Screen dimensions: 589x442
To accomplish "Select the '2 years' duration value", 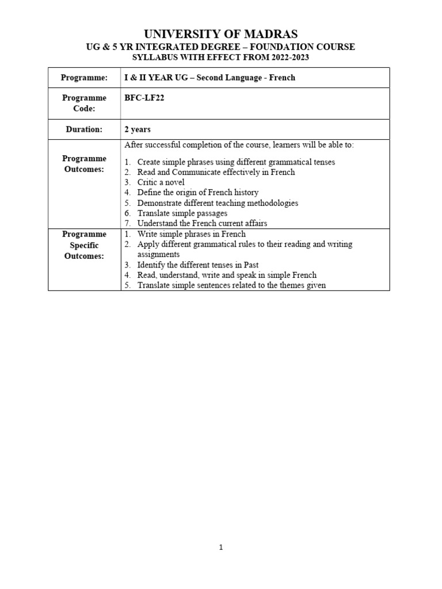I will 138,129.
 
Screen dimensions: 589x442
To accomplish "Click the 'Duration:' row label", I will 84,129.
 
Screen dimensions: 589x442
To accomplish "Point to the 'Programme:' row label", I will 85,77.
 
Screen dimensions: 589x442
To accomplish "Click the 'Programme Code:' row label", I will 85,103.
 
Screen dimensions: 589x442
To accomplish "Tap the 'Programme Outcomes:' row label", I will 85,163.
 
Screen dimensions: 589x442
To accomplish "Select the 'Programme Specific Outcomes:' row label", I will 85,245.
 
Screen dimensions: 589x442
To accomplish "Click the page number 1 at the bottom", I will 220,548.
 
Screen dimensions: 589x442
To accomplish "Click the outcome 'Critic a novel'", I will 161,182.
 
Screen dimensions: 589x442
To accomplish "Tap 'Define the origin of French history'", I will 198,193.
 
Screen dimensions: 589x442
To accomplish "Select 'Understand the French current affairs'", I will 202,223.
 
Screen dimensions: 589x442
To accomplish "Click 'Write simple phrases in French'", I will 192,234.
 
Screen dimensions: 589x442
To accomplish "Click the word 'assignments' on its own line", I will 159,254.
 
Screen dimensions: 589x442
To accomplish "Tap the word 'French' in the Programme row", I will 282,77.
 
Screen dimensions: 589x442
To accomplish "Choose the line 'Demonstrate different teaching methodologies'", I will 218,203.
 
